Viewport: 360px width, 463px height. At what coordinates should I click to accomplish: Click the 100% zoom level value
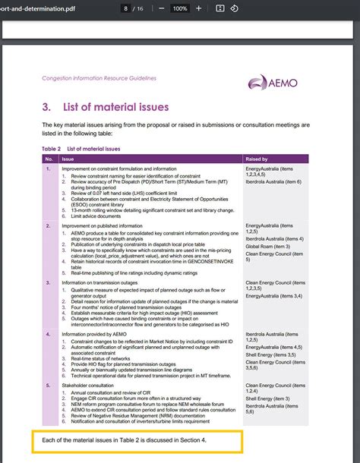point(179,8)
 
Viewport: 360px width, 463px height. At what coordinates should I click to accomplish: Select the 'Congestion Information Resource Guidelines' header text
point(99,77)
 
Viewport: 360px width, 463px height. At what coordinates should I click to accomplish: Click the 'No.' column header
point(49,159)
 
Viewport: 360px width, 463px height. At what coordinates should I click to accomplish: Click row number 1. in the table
point(48,169)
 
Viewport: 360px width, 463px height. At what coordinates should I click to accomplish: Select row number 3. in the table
point(48,282)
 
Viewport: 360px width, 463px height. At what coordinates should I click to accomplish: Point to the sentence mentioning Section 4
point(124,439)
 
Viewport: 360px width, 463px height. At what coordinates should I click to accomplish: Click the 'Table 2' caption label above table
point(50,149)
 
